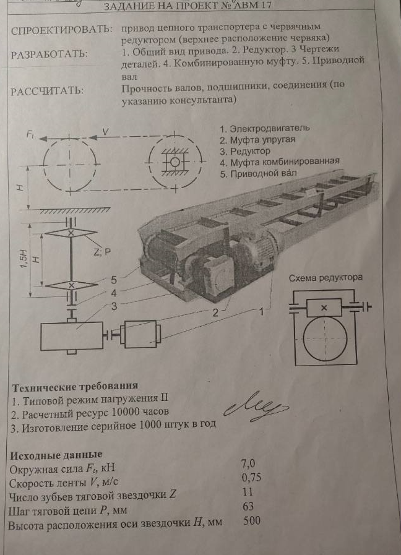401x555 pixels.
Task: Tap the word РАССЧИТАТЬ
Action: pos(47,92)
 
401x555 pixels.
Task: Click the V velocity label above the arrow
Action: pos(106,131)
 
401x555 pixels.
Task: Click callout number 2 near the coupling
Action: pos(215,314)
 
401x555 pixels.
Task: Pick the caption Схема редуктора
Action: pos(326,278)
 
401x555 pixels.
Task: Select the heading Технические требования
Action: pos(75,387)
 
